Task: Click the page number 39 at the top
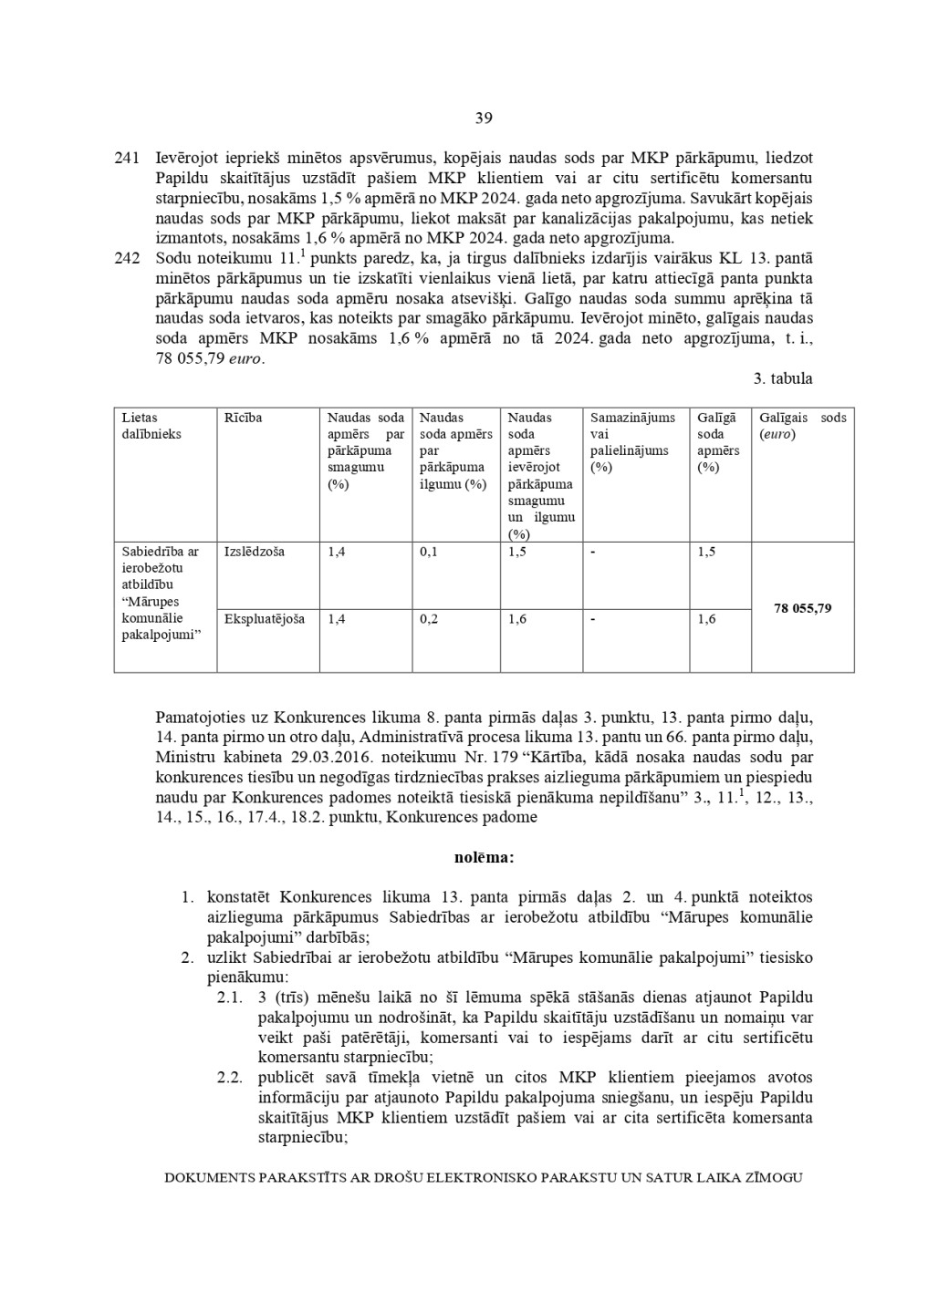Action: [484, 118]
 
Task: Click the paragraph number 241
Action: [126, 159]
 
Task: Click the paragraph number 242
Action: [126, 258]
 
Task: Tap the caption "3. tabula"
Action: [784, 378]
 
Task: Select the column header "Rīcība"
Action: [243, 418]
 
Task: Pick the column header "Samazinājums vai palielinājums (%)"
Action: [632, 442]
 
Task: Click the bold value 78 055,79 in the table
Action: [802, 608]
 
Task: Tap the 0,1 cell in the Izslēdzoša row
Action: [429, 552]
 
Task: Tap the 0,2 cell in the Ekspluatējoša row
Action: [429, 619]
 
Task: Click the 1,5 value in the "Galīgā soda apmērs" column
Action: [706, 552]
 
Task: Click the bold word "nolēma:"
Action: [484, 857]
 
